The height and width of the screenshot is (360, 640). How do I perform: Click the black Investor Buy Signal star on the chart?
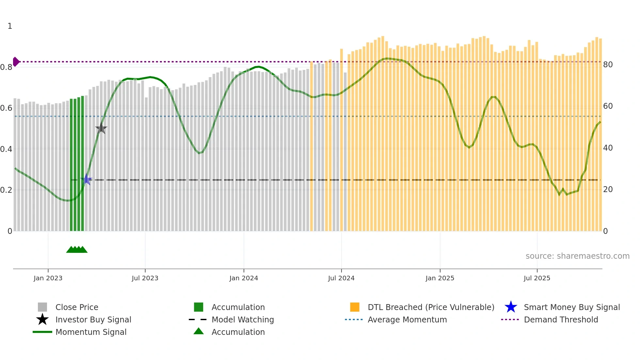101,128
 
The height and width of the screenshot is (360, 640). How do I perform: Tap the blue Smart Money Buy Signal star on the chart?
87,179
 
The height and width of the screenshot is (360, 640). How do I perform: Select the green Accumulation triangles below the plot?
77,250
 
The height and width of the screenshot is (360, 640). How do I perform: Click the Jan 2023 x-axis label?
48,278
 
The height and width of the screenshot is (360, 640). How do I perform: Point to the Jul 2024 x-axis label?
341,278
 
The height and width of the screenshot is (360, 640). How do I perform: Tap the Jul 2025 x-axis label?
537,278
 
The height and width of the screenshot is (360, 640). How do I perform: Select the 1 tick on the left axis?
10,26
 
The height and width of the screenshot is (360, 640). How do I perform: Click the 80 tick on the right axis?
608,65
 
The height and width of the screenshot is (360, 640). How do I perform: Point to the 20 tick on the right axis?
608,189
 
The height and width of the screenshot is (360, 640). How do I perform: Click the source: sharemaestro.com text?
577,256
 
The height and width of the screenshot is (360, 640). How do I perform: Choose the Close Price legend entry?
77,307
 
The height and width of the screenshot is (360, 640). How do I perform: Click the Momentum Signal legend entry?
91,332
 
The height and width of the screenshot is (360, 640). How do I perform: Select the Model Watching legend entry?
243,319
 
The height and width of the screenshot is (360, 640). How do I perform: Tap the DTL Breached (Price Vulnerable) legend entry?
431,307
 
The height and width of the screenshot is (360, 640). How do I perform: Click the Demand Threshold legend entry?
561,319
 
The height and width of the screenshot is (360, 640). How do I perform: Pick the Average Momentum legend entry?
407,319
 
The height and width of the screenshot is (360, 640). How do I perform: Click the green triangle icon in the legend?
199,331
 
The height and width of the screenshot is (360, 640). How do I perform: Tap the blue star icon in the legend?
511,307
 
